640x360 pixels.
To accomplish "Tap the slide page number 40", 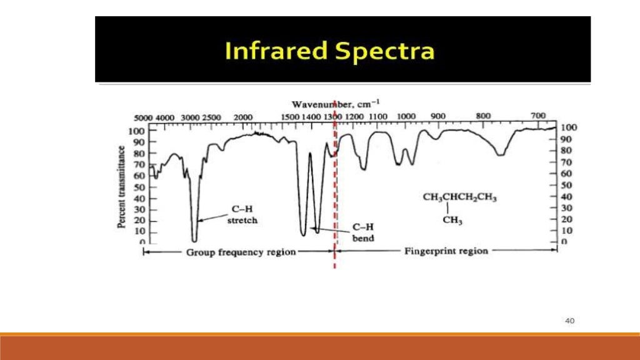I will [x=569, y=321].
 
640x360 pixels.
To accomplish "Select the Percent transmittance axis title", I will [x=122, y=187].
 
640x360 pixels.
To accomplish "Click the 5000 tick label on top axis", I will [x=144, y=117].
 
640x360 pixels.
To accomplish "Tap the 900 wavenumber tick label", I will [x=438, y=116].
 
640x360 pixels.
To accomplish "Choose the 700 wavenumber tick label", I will [x=538, y=116].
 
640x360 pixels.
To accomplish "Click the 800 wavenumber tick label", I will [x=483, y=116].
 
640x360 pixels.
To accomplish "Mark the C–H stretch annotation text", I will [x=243, y=215].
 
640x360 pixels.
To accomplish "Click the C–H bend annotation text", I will [x=363, y=233].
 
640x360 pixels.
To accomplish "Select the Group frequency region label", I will [x=241, y=252].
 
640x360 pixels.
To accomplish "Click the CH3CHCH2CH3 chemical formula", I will [x=459, y=198].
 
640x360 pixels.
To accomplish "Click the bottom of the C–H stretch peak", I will [x=194, y=240].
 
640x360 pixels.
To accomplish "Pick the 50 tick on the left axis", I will [x=139, y=187].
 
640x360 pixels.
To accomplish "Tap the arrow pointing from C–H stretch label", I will [x=212, y=217].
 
